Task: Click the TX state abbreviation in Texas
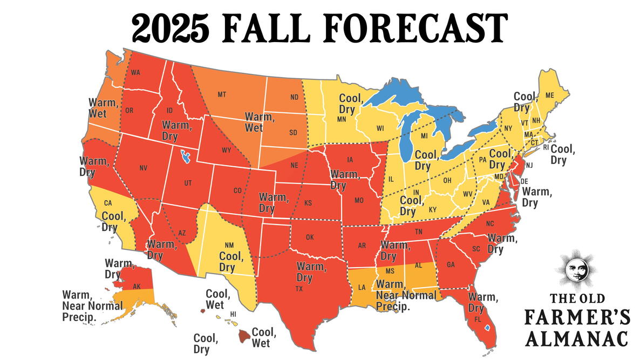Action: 298,289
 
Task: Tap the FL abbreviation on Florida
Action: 477,319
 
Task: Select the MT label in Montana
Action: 222,94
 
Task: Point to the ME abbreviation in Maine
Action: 550,95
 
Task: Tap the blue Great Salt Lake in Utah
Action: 187,158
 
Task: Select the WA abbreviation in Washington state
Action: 135,73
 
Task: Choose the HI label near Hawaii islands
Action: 233,314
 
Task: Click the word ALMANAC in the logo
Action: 577,338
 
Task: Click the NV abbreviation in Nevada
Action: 143,168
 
